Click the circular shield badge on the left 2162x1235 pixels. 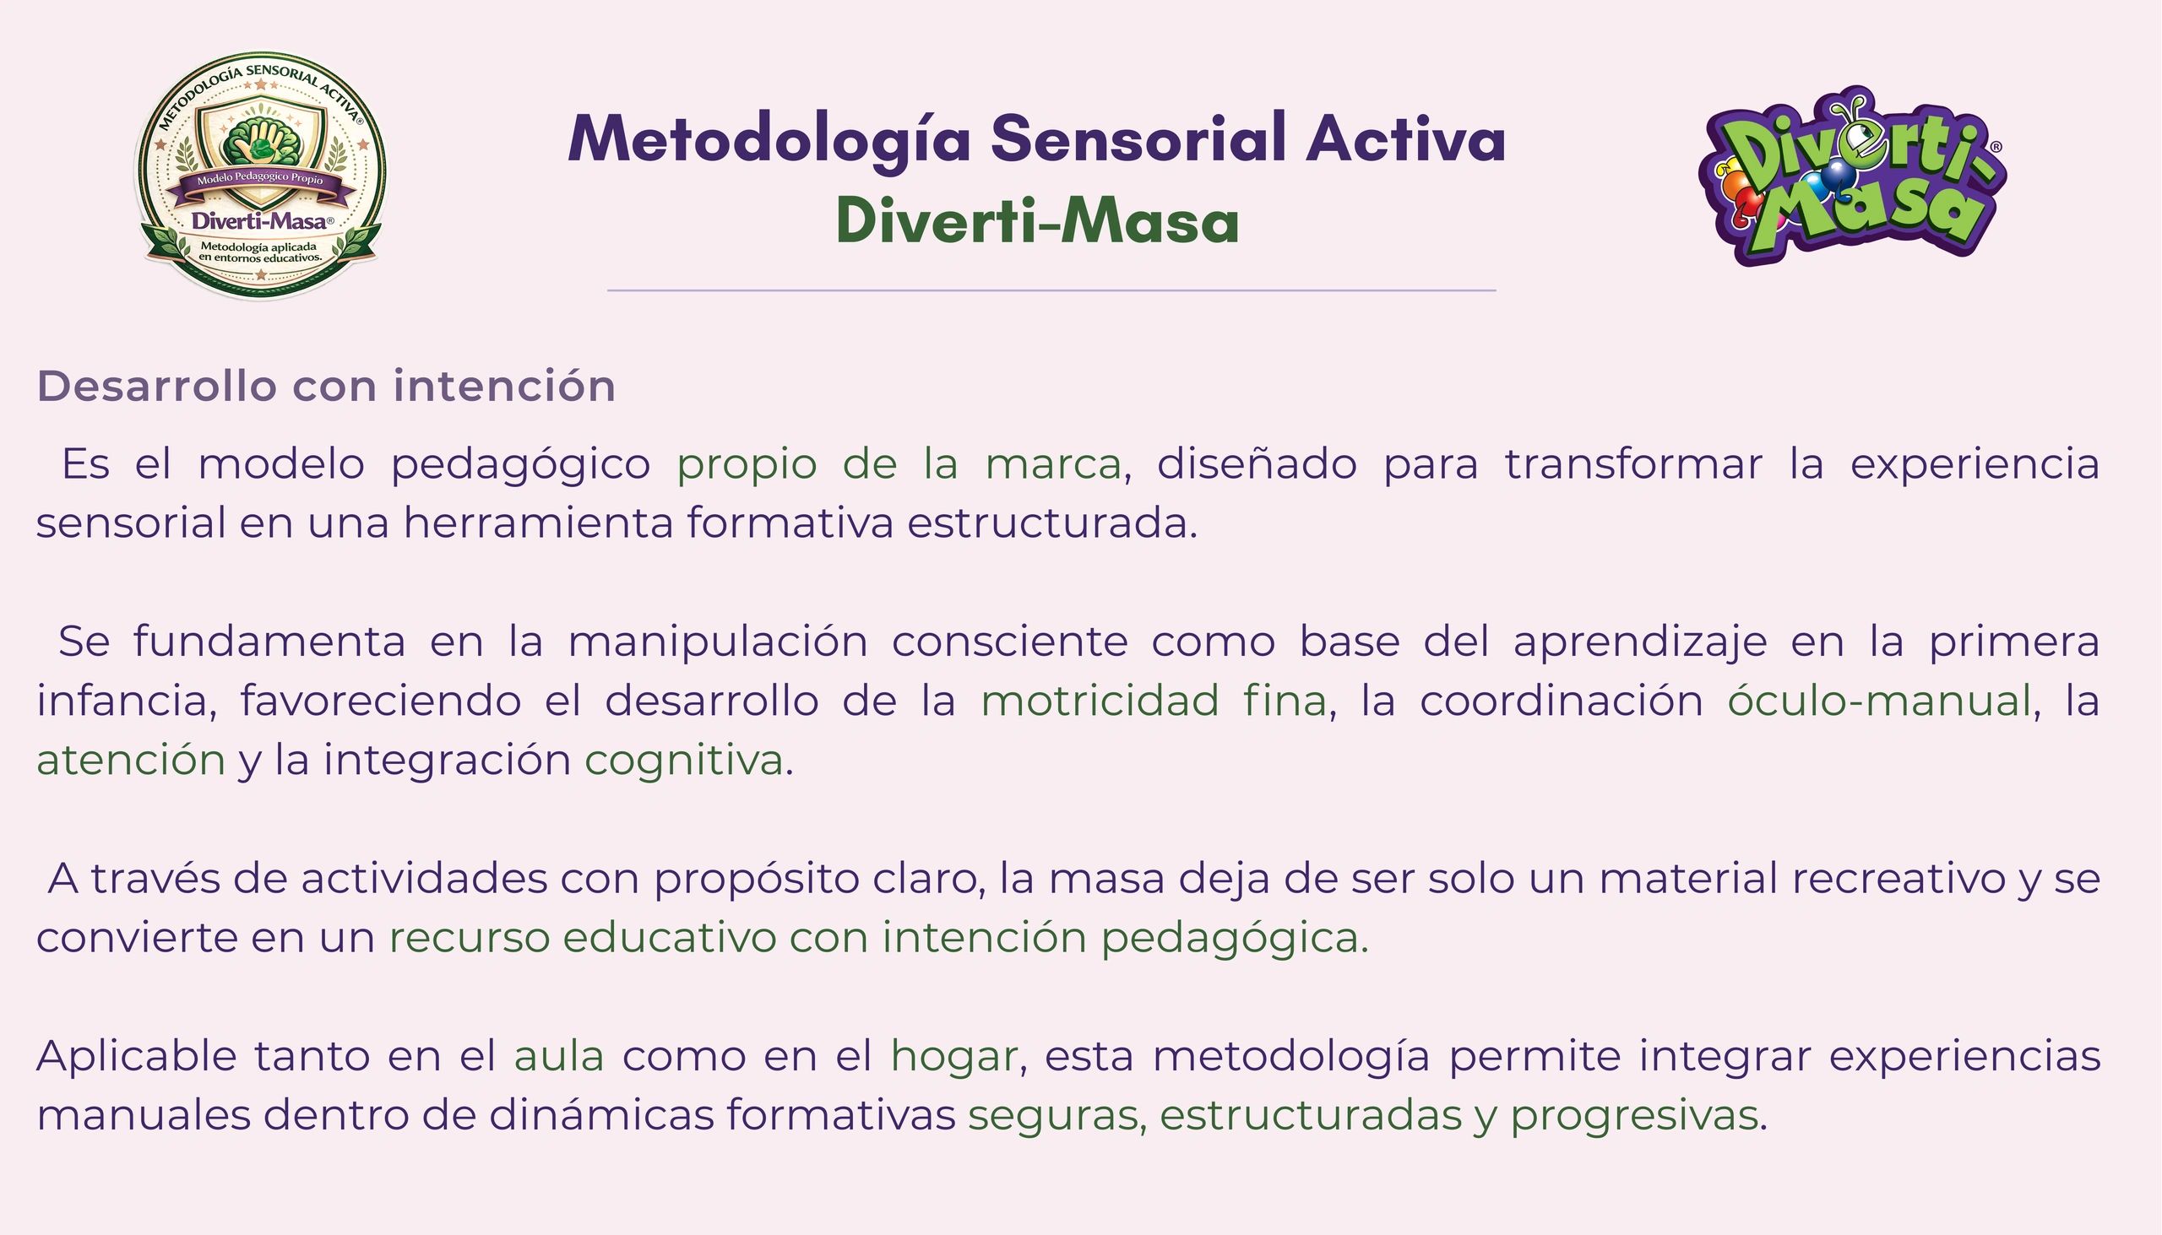click(259, 176)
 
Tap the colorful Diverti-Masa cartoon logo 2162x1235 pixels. click(1852, 176)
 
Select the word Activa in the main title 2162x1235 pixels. click(1406, 138)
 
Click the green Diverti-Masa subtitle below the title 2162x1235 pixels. click(1038, 221)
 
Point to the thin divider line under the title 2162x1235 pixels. click(1051, 290)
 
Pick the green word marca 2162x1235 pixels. click(1053, 465)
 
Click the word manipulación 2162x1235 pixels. click(718, 642)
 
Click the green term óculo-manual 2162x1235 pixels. click(1879, 701)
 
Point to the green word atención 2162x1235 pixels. click(131, 760)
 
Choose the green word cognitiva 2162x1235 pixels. click(684, 760)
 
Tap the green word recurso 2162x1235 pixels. click(470, 938)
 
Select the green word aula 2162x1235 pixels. click(559, 1057)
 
